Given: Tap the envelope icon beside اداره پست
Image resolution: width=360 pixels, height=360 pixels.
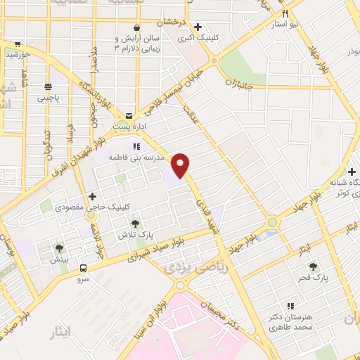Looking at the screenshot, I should pyautogui.click(x=129, y=115).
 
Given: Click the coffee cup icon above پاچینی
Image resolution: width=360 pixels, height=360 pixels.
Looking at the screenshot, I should pyautogui.click(x=48, y=87).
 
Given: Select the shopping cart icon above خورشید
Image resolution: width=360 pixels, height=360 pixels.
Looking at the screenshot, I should pyautogui.click(x=18, y=43).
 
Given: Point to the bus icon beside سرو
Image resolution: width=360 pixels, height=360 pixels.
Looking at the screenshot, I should pyautogui.click(x=84, y=267).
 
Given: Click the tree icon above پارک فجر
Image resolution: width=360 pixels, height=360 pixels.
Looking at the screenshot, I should pyautogui.click(x=313, y=266).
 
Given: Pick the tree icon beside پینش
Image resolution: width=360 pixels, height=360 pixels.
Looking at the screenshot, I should pyautogui.click(x=59, y=248).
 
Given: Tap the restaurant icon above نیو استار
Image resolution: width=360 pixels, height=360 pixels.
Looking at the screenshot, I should pyautogui.click(x=285, y=13).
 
